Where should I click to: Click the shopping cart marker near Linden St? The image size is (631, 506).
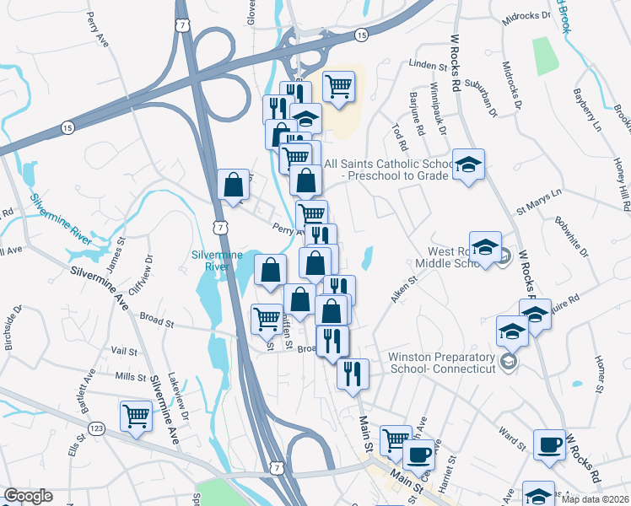click(x=338, y=86)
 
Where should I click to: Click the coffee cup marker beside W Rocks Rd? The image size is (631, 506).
click(x=550, y=444)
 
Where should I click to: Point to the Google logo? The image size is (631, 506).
click(x=28, y=496)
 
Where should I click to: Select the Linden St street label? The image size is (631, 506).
click(x=426, y=65)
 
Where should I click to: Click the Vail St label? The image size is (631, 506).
click(x=124, y=351)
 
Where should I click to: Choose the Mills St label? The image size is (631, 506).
click(x=131, y=377)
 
